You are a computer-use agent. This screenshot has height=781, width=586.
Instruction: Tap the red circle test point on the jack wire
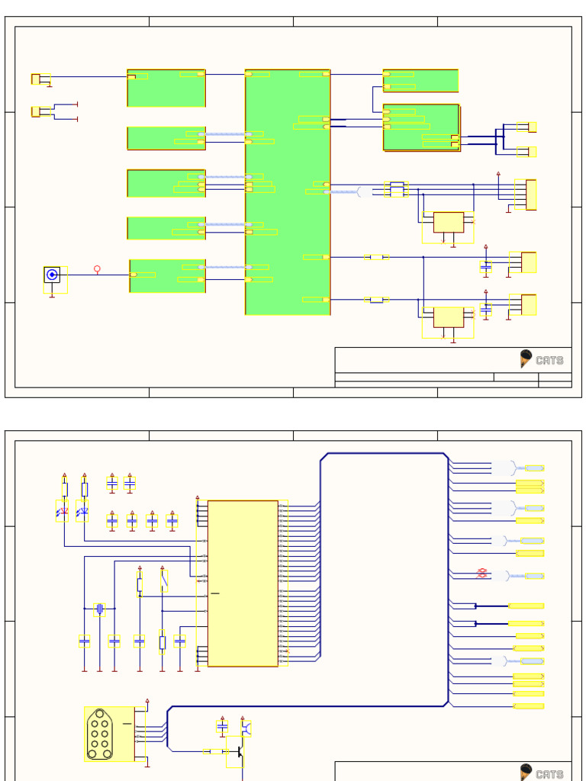click(97, 268)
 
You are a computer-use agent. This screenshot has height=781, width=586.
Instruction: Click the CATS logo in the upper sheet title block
click(542, 359)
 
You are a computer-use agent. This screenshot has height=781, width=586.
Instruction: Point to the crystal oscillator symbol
click(99, 609)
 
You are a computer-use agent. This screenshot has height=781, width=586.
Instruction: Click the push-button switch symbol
click(163, 583)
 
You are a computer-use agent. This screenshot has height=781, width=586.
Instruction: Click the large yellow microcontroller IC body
click(243, 583)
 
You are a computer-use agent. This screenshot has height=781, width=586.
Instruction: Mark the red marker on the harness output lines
click(482, 573)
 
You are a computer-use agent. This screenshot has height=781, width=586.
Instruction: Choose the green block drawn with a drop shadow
click(421, 127)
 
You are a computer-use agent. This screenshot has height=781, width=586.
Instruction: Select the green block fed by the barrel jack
click(168, 275)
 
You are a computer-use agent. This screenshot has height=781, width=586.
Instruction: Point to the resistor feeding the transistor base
click(217, 752)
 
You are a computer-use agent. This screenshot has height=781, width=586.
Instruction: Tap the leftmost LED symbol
click(64, 513)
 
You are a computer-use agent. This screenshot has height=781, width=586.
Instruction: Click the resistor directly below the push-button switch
click(163, 642)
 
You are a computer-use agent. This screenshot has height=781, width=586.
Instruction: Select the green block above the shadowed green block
click(420, 80)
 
